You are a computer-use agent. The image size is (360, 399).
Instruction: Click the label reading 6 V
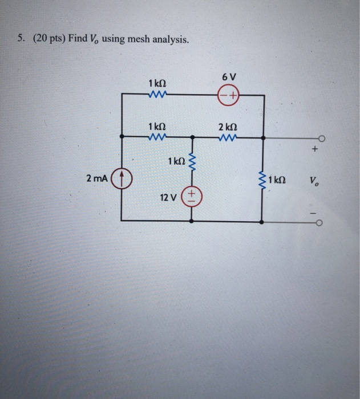pyautogui.click(x=228, y=76)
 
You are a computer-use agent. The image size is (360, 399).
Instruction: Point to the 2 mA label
pyautogui.click(x=97, y=179)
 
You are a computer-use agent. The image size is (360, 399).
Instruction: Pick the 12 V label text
pyautogui.click(x=168, y=198)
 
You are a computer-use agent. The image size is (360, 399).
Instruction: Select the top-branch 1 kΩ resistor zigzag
pyautogui.click(x=156, y=96)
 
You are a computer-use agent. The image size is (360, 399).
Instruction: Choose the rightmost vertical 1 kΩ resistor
pyautogui.click(x=262, y=180)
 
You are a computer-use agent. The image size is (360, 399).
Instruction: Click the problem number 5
pyautogui.click(x=20, y=39)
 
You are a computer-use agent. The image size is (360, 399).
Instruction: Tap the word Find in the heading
pyautogui.click(x=78, y=39)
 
